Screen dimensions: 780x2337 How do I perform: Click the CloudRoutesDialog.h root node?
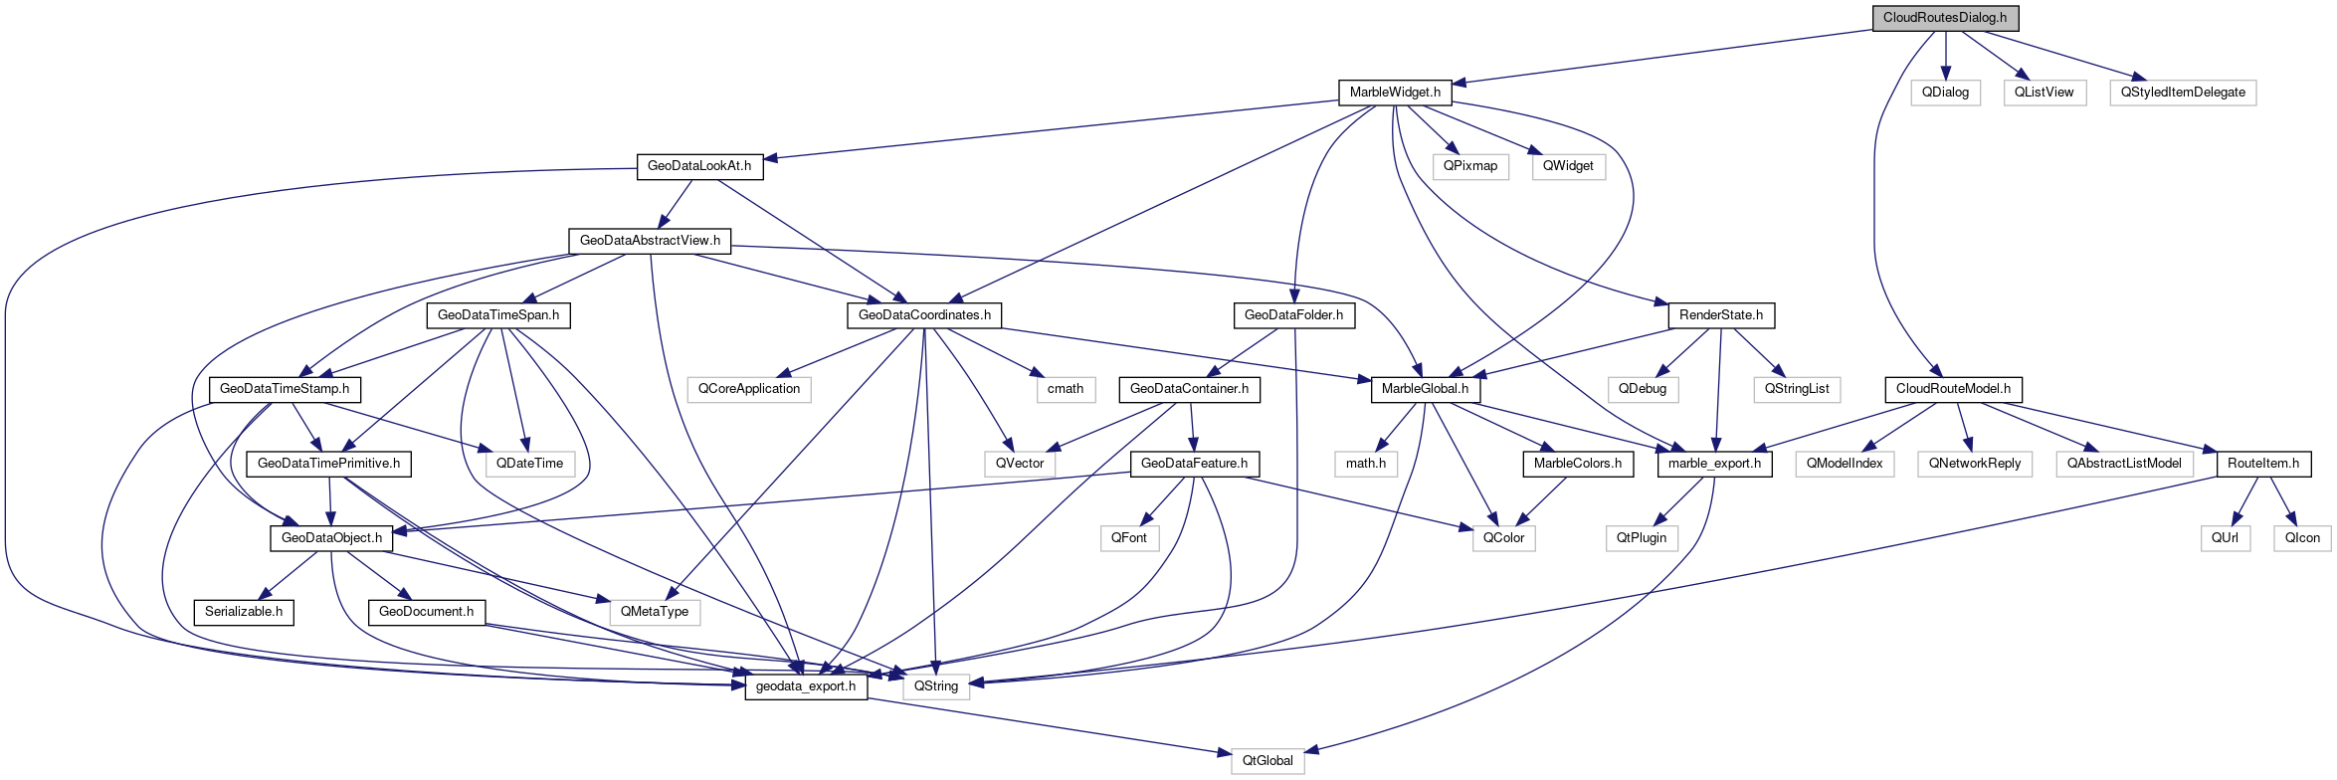[x=1945, y=18]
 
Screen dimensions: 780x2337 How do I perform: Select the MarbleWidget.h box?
[x=1395, y=93]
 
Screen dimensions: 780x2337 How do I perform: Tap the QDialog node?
[x=1945, y=93]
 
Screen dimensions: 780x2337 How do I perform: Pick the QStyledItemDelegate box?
[x=2183, y=93]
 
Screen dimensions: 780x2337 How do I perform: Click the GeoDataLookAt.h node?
[x=699, y=166]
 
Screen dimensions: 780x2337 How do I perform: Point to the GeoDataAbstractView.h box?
[x=650, y=241]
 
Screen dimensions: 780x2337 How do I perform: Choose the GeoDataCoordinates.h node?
[x=924, y=315]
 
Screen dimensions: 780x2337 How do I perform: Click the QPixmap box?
[x=1470, y=166]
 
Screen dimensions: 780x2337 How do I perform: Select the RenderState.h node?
[x=1721, y=315]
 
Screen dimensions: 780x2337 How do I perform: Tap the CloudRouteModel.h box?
[x=1953, y=389]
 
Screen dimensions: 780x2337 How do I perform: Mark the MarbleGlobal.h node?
[x=1425, y=389]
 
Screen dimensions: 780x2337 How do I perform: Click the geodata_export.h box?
[x=806, y=686]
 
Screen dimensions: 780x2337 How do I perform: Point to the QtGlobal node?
[x=1267, y=761]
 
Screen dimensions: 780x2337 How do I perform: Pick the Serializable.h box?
[x=244, y=612]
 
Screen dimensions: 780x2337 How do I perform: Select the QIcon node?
[x=2302, y=538]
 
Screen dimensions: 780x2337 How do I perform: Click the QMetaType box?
[x=655, y=612]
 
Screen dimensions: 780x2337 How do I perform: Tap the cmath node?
[x=1066, y=389]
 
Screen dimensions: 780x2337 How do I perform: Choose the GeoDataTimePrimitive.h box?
[x=329, y=464]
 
